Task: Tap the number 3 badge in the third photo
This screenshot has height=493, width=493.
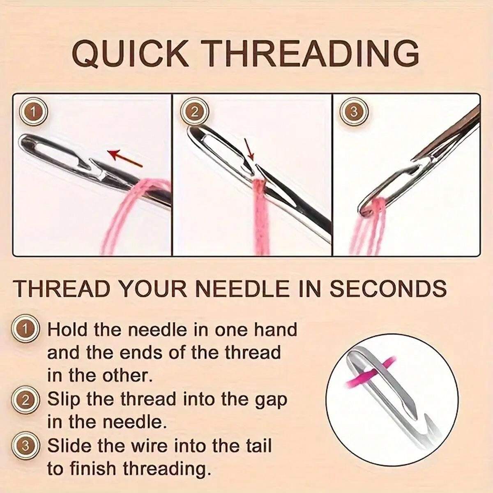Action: point(354,112)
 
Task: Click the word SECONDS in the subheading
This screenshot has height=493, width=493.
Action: point(389,288)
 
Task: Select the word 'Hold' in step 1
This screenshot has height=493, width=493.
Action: point(68,330)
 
